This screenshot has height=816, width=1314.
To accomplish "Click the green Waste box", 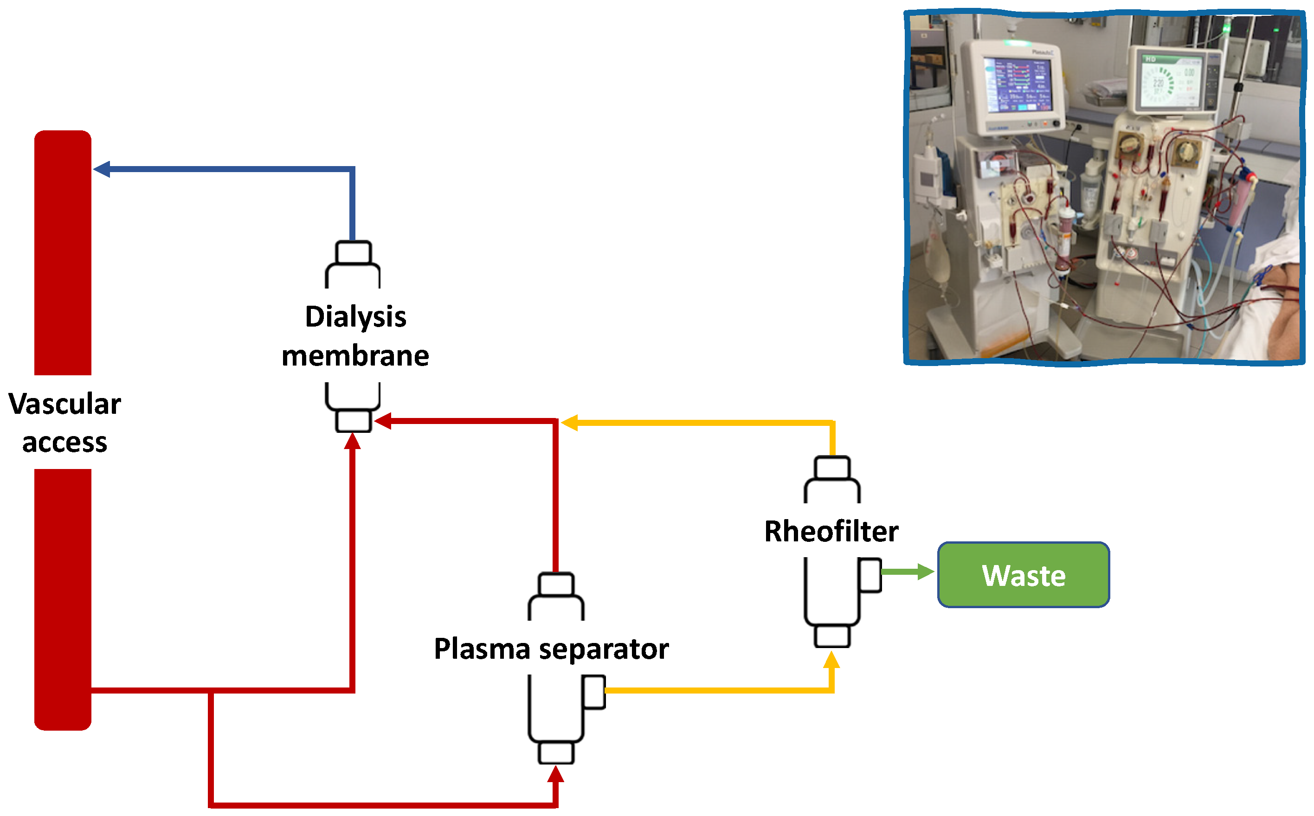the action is (x=1023, y=575).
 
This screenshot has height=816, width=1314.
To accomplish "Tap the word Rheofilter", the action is (x=831, y=532).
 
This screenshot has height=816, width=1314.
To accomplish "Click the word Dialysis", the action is (x=355, y=317).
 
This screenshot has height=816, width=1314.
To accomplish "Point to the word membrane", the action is (x=355, y=356).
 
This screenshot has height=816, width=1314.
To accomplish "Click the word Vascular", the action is (x=65, y=404).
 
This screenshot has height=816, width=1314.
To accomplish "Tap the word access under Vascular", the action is (x=65, y=443).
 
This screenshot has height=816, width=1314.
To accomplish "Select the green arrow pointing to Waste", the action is (x=907, y=572).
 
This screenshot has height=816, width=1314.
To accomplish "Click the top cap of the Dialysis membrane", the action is (x=353, y=252).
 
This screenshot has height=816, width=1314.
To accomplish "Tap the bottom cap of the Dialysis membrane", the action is (x=353, y=421).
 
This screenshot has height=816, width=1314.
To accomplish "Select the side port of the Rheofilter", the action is (x=870, y=575).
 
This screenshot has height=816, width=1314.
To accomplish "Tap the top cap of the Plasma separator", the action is (x=556, y=585).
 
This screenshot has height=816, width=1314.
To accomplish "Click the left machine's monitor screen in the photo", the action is (x=1017, y=86).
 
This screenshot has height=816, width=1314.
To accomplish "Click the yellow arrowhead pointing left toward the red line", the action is (x=569, y=423).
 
